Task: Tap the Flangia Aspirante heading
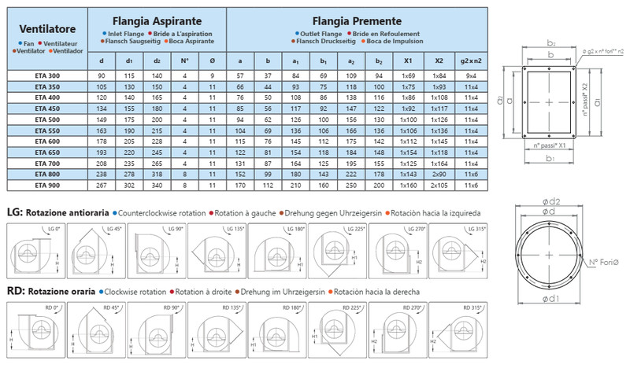(157, 20)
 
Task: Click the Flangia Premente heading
(359, 20)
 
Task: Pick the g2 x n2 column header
(470, 61)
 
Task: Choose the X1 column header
(408, 61)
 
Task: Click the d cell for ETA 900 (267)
(102, 186)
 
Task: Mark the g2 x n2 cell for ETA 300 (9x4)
(470, 75)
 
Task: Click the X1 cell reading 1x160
(408, 186)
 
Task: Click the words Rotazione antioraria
(68, 212)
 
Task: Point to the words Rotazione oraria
(59, 291)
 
